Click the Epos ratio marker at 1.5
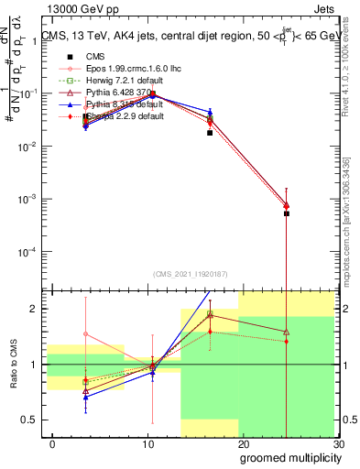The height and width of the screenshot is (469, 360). [85, 334]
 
